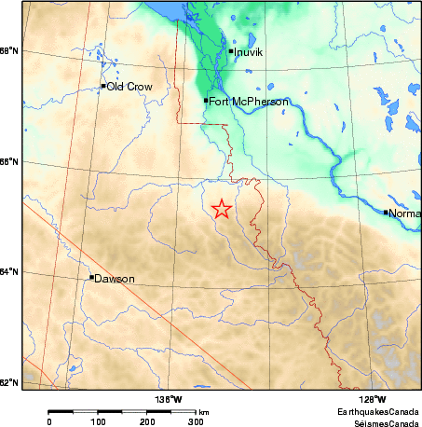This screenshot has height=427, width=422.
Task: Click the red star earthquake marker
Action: (222, 209)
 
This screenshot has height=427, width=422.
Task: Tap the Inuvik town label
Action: (249, 52)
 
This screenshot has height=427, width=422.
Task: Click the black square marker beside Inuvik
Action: (231, 51)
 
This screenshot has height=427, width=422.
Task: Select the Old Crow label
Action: (129, 87)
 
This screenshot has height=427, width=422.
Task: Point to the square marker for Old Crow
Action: (103, 86)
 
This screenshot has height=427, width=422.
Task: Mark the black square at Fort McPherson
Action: (206, 100)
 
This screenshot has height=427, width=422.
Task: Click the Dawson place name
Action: (116, 279)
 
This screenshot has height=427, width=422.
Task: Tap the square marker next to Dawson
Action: (91, 277)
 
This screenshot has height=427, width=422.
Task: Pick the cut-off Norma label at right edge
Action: (404, 213)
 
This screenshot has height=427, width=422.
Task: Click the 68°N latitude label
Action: (9, 50)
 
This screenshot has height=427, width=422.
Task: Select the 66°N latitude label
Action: (9, 161)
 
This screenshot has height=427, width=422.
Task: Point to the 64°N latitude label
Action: (9, 272)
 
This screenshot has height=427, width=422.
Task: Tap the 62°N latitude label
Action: (9, 383)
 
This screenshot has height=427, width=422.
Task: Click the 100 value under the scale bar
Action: (97, 421)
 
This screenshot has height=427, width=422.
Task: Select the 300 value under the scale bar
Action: (196, 421)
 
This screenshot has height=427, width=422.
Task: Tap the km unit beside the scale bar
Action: (203, 411)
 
